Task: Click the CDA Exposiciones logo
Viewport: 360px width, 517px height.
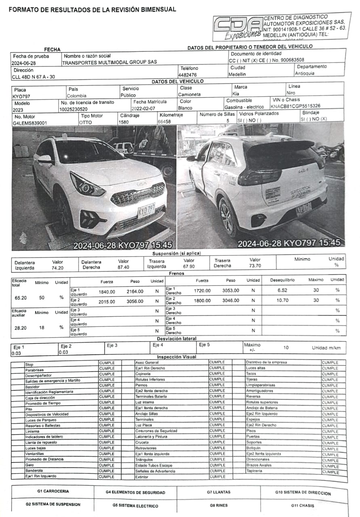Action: pyautogui.click(x=238, y=28)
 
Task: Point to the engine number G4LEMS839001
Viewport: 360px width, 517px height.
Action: pyautogui.click(x=30, y=123)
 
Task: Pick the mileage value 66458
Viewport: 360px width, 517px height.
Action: pyautogui.click(x=164, y=122)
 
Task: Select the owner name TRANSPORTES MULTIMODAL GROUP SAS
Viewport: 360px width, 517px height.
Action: pyautogui.click(x=109, y=63)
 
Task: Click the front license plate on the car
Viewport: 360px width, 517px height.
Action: pyautogui.click(x=146, y=210)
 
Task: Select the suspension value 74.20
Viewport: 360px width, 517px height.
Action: pyautogui.click(x=57, y=268)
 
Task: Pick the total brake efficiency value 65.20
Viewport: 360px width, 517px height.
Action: pyautogui.click(x=20, y=297)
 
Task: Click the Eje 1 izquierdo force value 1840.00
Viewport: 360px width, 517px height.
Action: pyautogui.click(x=107, y=292)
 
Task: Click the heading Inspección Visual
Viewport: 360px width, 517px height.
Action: pyautogui.click(x=177, y=357)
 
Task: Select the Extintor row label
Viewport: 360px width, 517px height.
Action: pyautogui.click(x=142, y=477)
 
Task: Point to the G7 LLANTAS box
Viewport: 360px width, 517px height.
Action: pyautogui.click(x=219, y=492)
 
